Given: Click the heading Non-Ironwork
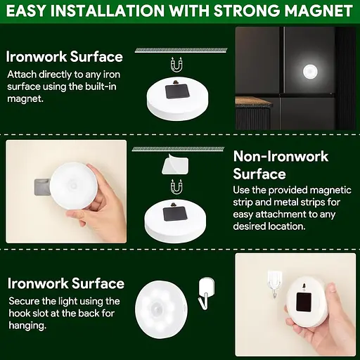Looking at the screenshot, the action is click(281, 156).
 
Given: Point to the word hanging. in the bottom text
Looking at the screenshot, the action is click(27, 326).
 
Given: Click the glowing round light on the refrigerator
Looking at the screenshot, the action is click(310, 72).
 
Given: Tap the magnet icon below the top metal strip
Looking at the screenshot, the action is click(176, 65).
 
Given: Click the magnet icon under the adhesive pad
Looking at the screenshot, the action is click(176, 187).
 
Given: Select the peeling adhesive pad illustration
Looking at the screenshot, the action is click(175, 164).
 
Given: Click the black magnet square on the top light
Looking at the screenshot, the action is click(177, 91).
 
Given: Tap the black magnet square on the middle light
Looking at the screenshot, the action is click(175, 214).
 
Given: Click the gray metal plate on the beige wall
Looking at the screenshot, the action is click(42, 187).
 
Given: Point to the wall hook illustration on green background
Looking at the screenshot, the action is click(205, 293).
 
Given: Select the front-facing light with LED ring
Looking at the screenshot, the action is click(161, 307).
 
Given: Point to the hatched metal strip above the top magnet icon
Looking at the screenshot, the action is click(181, 50).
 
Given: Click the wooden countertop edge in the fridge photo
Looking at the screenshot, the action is click(254, 101).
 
